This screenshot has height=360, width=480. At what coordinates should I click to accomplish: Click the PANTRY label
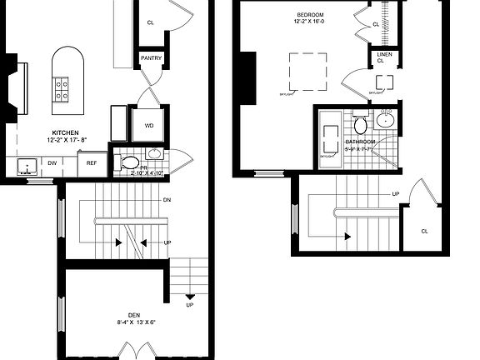[151, 57]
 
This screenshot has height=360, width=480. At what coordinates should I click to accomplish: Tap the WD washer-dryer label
[149, 126]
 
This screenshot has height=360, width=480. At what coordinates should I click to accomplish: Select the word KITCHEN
[65, 133]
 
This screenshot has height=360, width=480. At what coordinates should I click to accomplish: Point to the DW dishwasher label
[52, 163]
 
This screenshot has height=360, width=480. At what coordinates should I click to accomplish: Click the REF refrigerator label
[92, 163]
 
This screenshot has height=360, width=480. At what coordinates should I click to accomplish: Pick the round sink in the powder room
[154, 154]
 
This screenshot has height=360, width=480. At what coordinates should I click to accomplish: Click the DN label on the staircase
[167, 200]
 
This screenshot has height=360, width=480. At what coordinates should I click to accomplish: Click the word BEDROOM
[310, 15]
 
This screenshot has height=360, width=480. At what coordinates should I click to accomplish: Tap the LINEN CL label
[380, 57]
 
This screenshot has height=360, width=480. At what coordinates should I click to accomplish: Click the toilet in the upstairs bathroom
[360, 126]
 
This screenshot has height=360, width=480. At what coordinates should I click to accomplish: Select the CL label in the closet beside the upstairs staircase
[424, 231]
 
